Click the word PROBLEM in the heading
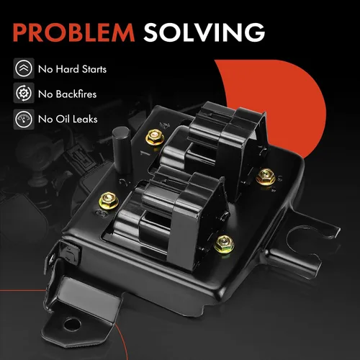click(x=73, y=32)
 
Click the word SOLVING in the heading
click(x=204, y=32)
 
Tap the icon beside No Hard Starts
click(x=24, y=68)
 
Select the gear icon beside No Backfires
click(x=24, y=93)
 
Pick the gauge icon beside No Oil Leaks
click(x=24, y=119)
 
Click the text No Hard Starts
click(x=72, y=69)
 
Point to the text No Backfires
click(x=67, y=94)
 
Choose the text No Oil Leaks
click(x=68, y=119)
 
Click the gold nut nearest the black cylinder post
click(x=155, y=138)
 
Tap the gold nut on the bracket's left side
click(x=109, y=200)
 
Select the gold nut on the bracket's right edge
click(x=266, y=176)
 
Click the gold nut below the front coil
click(x=224, y=243)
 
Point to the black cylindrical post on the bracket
click(x=122, y=150)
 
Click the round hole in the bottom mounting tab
click(x=73, y=324)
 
